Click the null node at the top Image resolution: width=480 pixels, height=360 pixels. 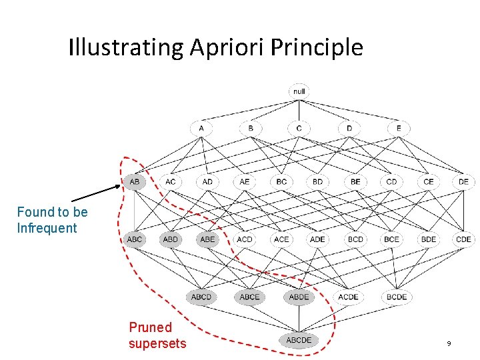point(299,91)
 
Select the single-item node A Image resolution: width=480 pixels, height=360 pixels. point(201,128)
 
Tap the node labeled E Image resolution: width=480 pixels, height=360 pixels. point(399,128)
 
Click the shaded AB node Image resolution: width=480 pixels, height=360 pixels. point(135,181)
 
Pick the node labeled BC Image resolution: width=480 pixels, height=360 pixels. point(281,181)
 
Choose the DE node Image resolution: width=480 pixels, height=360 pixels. point(463,181)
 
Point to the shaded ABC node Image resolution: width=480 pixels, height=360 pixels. point(135,239)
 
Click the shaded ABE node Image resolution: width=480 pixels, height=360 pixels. point(208,239)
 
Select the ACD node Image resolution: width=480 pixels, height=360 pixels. point(245,239)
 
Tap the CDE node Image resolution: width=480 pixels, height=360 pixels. point(463,239)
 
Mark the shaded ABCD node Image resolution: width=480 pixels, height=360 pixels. point(201,297)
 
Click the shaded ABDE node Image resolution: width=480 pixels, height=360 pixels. point(299,297)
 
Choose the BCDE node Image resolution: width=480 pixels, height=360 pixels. point(397,297)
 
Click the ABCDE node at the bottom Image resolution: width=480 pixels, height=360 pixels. point(299,340)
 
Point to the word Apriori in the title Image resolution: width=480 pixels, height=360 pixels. point(225,48)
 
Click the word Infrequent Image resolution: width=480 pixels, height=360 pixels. point(47,228)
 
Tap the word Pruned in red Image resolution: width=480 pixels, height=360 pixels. point(150,327)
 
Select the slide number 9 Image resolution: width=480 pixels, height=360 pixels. point(449,343)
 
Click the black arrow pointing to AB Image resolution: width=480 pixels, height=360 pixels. point(97,193)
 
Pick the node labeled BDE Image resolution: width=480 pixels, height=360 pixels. point(428,239)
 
